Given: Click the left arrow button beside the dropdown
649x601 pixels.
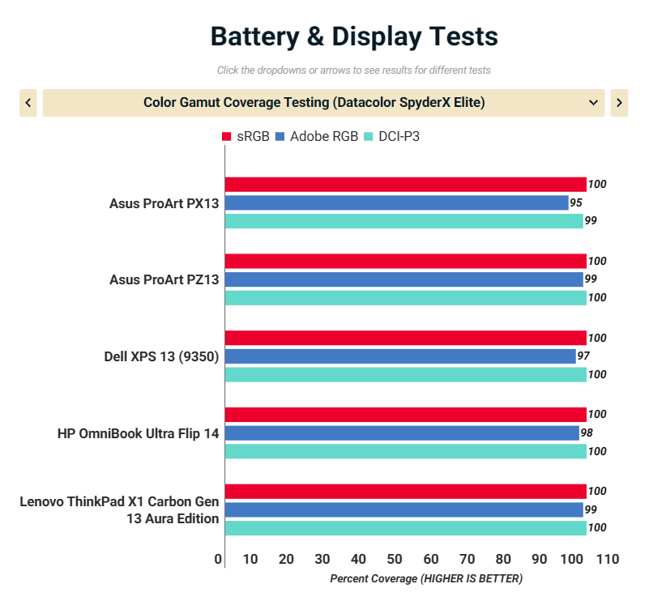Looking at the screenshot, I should (28, 103).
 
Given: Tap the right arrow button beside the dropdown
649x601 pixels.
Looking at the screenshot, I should (619, 103).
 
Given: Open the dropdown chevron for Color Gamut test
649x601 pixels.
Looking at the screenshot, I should (593, 103).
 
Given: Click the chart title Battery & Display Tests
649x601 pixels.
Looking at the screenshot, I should (354, 36).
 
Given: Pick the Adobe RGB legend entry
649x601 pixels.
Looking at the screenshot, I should (316, 136).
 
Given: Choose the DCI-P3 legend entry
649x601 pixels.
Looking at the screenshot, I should (392, 136).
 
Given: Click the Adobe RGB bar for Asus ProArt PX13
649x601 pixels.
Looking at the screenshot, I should (397, 202).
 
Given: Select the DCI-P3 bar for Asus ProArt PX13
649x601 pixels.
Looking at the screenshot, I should (403, 221).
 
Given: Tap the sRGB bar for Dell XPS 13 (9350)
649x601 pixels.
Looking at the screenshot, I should (405, 338).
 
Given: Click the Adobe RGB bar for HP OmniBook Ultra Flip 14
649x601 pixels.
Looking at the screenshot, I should (402, 433).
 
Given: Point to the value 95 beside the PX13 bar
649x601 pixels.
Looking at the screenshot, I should (577, 202).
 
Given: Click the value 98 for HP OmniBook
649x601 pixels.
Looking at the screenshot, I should (587, 433).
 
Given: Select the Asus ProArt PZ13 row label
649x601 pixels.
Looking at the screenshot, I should (164, 279).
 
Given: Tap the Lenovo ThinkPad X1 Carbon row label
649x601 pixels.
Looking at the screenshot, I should (119, 509).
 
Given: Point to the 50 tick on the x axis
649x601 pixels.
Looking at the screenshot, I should (395, 560).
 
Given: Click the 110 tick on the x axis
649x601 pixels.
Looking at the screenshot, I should (607, 560).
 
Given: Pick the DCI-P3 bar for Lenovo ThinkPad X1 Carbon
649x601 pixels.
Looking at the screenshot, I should (405, 528).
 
